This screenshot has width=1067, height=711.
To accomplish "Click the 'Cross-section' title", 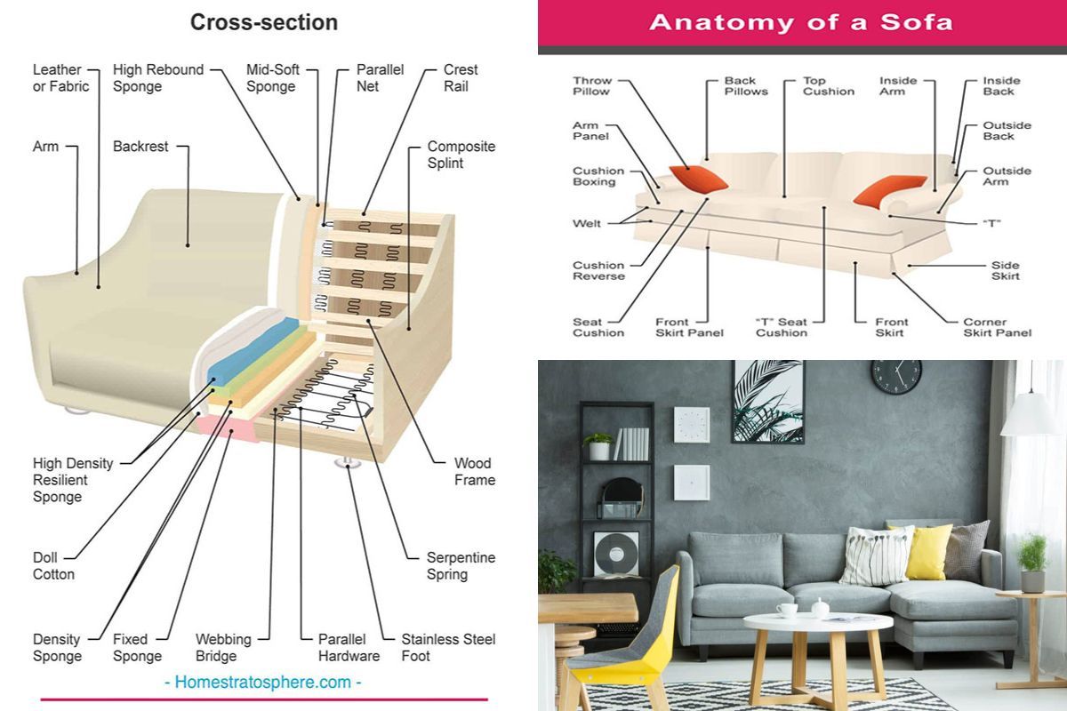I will [264, 22].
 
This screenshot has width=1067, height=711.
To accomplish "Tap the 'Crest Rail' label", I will [461, 78].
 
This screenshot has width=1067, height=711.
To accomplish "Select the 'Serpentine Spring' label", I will [461, 566].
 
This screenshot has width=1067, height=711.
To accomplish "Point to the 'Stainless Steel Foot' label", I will [448, 648].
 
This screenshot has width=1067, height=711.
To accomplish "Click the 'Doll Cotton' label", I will [53, 566].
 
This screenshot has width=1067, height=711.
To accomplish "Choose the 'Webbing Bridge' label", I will [223, 648].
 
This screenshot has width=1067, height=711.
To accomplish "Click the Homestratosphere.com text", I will [263, 683].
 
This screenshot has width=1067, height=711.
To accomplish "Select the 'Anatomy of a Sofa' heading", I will [800, 22].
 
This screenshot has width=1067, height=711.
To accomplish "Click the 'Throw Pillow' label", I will [591, 86].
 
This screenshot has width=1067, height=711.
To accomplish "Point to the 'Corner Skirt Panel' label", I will [997, 327].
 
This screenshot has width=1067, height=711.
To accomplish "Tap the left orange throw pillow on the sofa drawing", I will [698, 179].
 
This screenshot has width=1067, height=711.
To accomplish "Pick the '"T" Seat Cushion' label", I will [781, 327].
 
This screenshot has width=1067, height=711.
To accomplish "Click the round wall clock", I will [896, 376].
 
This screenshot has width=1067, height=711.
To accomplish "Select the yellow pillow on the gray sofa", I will [929, 551].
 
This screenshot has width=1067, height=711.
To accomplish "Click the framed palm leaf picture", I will [767, 402].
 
